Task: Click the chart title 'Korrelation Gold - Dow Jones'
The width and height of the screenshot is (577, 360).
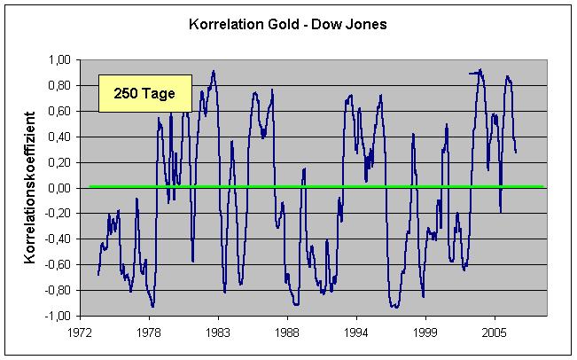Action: coord(288,24)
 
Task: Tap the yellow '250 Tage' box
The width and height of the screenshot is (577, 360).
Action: coord(144,93)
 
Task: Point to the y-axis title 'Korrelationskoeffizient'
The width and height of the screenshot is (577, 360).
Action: coord(30,188)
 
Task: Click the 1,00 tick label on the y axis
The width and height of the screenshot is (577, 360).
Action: coord(59,60)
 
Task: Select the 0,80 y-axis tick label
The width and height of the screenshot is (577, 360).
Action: coord(59,86)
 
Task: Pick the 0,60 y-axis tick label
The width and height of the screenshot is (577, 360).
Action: coord(59,112)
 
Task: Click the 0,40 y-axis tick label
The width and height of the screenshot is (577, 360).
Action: coord(59,137)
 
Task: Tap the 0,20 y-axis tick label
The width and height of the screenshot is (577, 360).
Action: coord(59,162)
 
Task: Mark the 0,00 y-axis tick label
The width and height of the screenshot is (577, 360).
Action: coord(59,188)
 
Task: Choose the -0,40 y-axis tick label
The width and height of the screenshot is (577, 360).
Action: coord(58,239)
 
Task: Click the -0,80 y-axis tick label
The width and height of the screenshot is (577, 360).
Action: coord(58,290)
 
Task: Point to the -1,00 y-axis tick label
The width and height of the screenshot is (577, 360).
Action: coord(58,316)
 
